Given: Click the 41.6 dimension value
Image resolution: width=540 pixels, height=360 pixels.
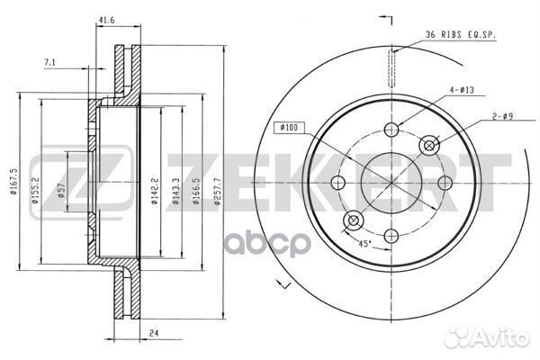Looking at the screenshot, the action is pyautogui.click(x=106, y=20).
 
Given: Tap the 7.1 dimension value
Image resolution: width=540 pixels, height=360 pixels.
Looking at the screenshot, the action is pyautogui.click(x=49, y=62).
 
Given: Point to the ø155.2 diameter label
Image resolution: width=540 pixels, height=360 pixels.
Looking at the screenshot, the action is pyautogui.click(x=35, y=191).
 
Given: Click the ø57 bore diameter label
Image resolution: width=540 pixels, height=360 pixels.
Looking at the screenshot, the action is pyautogui.click(x=62, y=191).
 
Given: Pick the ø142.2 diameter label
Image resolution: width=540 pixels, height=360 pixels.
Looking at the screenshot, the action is pyautogui.click(x=154, y=191).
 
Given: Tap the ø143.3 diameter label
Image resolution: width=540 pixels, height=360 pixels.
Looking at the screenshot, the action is pyautogui.click(x=176, y=191).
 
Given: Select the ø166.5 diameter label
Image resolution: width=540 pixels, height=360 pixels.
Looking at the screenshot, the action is pyautogui.click(x=196, y=191).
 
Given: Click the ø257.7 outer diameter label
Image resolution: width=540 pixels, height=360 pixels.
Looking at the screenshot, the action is pyautogui.click(x=217, y=192).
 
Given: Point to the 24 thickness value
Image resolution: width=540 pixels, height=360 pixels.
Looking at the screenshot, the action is pyautogui.click(x=154, y=333).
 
